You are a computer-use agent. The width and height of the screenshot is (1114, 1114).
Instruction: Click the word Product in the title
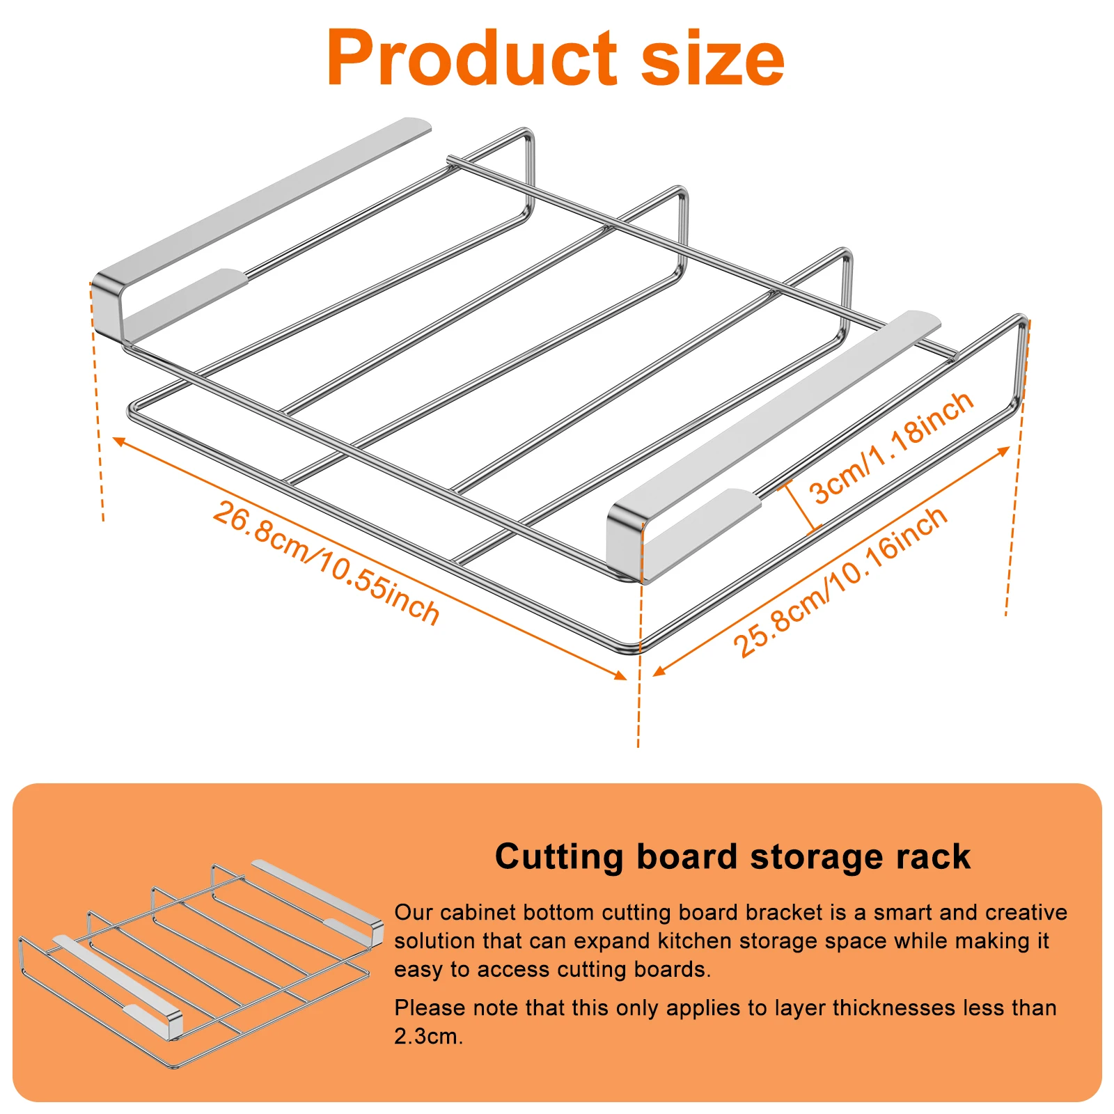[x=471, y=58]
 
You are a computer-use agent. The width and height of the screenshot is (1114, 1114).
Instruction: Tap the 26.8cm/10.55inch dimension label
[x=326, y=563]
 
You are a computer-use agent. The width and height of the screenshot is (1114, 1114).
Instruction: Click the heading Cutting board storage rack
[x=732, y=856]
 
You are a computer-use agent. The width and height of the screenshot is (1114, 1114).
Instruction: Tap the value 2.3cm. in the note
[x=427, y=1037]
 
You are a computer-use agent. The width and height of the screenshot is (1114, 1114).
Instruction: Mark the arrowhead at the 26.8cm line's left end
[x=118, y=441]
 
